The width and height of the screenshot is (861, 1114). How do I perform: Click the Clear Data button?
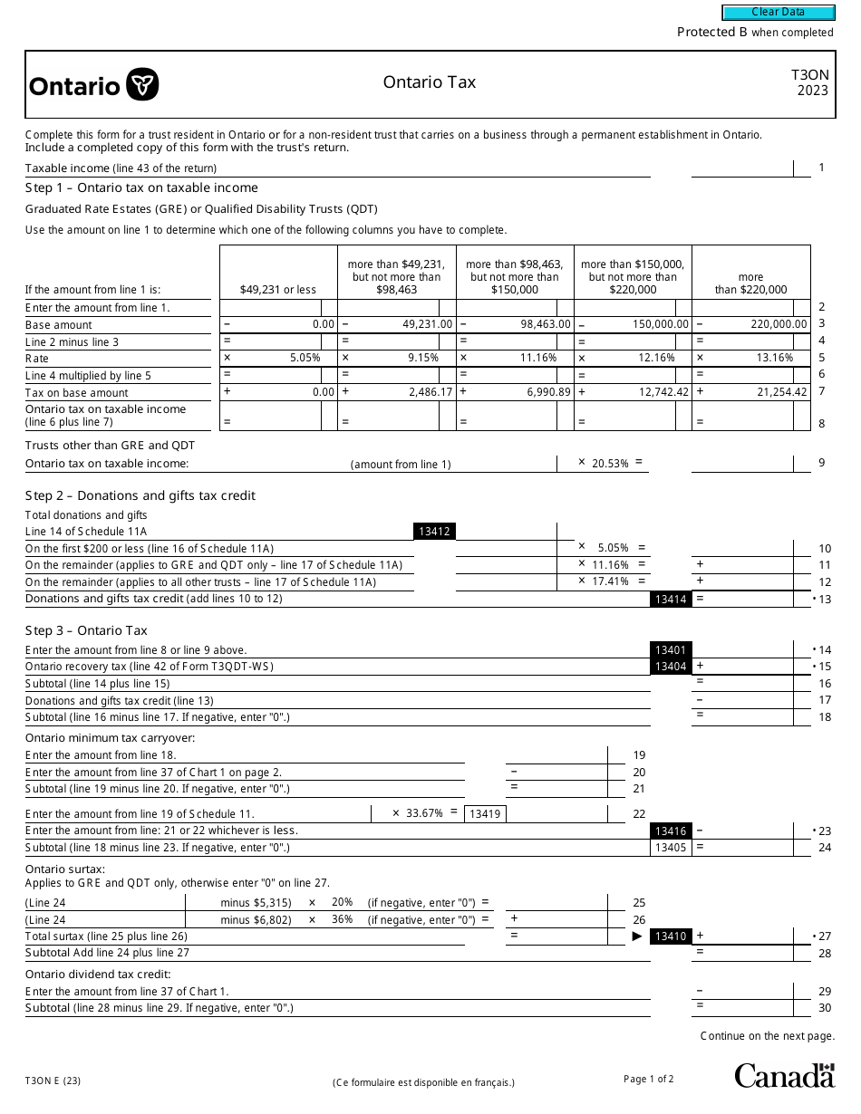778,12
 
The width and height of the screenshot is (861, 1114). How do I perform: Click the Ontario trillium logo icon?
142,84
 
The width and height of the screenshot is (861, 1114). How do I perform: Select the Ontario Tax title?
429,82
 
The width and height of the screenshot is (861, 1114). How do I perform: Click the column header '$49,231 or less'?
278,290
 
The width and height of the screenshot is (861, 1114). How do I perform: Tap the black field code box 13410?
671,936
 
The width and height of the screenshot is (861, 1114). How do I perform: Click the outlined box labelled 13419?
485,814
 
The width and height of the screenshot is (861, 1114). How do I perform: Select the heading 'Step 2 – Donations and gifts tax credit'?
140,495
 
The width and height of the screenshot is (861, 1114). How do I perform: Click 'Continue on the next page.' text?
767,1036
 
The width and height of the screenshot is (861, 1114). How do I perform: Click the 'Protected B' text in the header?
711,33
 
